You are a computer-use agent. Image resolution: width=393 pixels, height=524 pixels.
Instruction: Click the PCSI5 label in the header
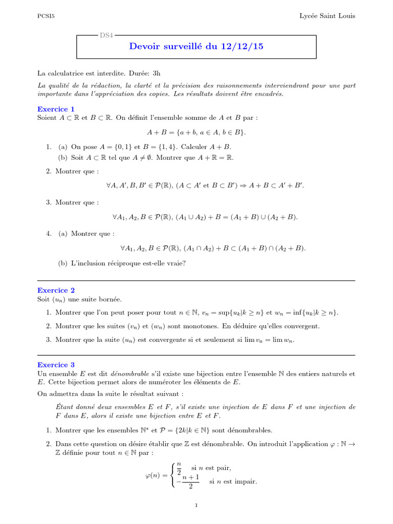point(46,16)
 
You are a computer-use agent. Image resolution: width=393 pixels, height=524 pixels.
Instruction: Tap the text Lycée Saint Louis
point(327,16)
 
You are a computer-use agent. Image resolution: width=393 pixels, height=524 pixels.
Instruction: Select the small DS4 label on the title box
point(107,35)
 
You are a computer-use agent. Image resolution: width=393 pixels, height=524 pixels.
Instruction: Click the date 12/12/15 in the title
point(242,47)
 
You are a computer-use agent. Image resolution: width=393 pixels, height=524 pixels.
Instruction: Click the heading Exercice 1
point(56,109)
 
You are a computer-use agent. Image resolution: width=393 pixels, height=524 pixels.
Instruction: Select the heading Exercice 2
point(56,290)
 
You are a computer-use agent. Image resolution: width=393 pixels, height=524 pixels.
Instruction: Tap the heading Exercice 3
point(56,365)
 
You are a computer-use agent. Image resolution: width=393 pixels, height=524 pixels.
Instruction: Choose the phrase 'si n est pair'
point(211,468)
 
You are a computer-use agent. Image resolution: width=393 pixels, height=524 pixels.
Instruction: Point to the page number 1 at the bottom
point(196,506)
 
